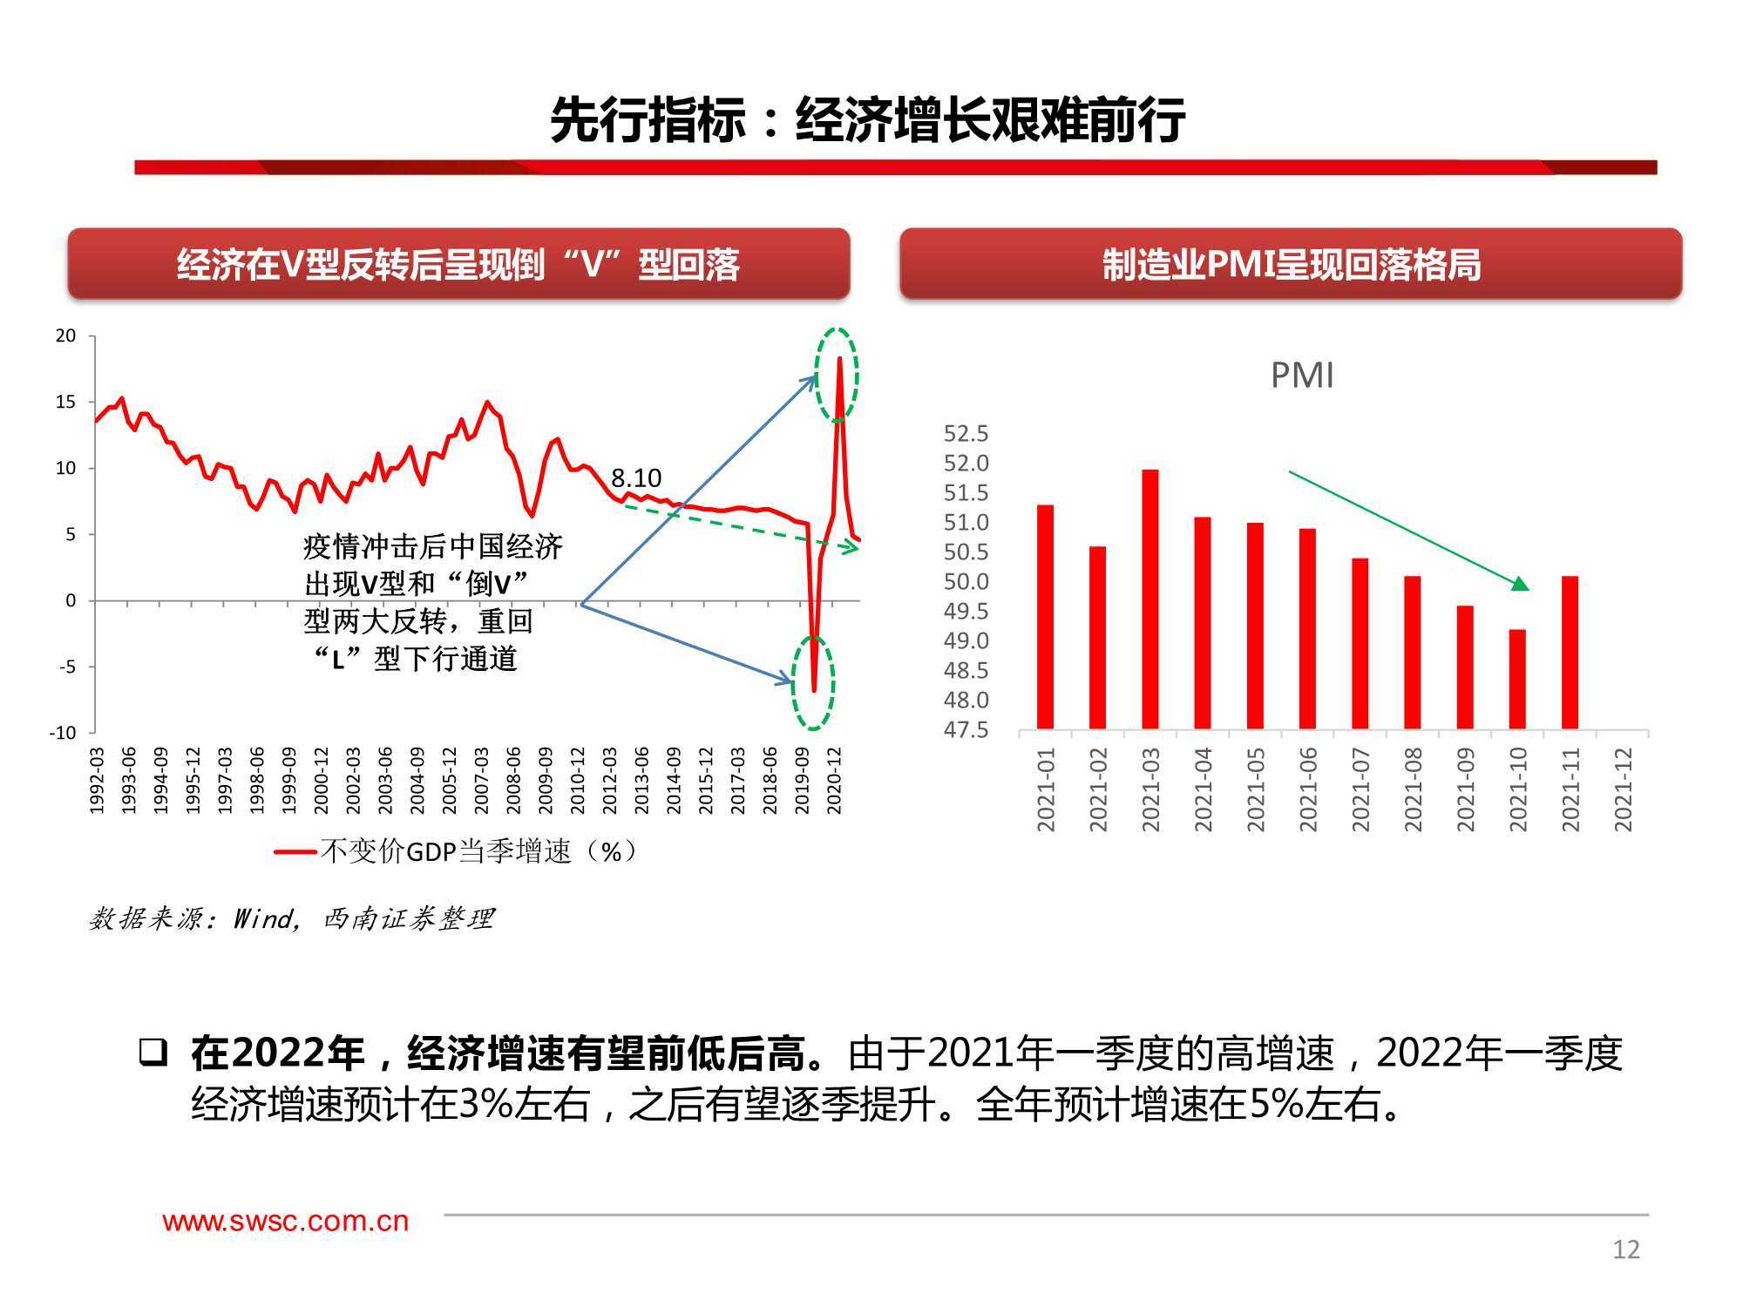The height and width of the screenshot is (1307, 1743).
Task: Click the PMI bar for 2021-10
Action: coord(1517,679)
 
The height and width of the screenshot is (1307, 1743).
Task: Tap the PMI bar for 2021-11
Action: coord(1570,653)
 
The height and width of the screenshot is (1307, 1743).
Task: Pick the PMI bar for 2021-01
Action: coord(1045,617)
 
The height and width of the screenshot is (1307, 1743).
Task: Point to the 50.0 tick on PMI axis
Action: coord(966,582)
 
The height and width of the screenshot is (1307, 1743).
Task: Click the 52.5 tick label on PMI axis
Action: coord(966,434)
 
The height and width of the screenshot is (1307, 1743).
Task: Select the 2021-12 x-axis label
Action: coord(1623,789)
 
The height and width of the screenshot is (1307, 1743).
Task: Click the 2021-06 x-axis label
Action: coord(1308,789)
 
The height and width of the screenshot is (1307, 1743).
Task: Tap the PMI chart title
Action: coord(1302,376)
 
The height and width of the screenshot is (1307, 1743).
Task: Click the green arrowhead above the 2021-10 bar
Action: coord(1520,584)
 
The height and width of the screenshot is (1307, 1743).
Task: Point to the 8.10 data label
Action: coord(635,478)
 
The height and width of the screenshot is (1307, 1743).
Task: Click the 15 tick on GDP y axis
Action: coord(66,402)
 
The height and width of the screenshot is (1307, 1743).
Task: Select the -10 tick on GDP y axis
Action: coord(63,733)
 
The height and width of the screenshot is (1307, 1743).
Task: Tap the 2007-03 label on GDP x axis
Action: coord(481,781)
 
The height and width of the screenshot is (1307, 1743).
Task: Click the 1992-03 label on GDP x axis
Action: coord(97,781)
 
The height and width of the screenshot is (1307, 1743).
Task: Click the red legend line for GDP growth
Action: coord(295,852)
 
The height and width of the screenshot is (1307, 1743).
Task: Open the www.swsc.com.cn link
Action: coord(286,1222)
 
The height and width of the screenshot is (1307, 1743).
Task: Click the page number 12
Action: coord(1626,1249)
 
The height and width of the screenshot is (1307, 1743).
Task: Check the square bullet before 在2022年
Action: coord(153,1053)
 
